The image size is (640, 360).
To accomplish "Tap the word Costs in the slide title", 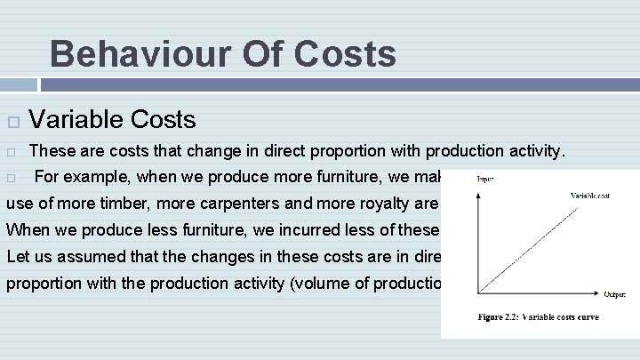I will (x=342, y=53).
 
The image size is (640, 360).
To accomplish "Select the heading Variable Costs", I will (x=113, y=118).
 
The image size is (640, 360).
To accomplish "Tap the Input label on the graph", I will (x=486, y=180).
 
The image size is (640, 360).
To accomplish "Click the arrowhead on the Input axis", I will (x=478, y=188).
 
